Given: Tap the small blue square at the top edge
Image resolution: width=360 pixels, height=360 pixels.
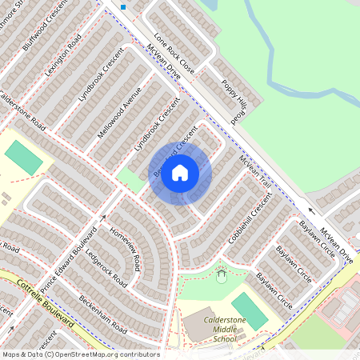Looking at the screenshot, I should click(123, 6).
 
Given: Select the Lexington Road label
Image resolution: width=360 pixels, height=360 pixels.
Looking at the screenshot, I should click(63, 54).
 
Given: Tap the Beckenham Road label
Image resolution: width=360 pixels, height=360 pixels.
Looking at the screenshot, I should click(102, 314).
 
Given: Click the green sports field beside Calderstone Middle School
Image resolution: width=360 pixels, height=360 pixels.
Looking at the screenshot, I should click(250, 310).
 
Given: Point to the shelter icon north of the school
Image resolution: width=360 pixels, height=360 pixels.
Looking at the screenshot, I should click(222, 277).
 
